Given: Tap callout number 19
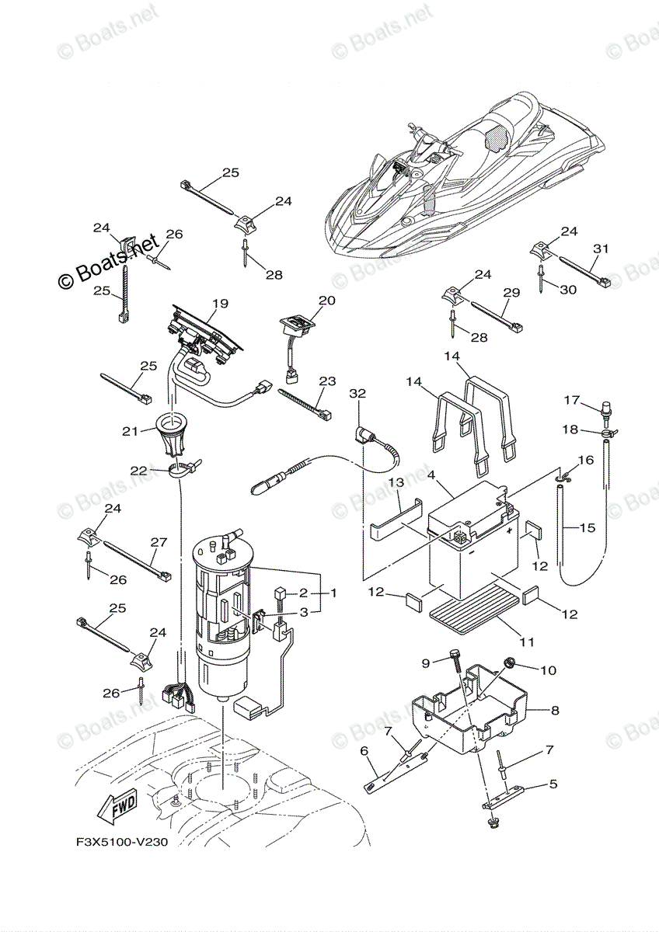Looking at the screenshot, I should tap(219, 303).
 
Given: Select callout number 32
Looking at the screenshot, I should tap(357, 394).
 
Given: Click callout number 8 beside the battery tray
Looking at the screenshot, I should tap(554, 710).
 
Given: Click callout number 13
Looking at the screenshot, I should tap(396, 482).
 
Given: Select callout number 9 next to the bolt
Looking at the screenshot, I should tap(426, 662).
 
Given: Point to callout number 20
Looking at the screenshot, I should tap(326, 301).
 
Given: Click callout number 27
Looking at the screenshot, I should tap(159, 541).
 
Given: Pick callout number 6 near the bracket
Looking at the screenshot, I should tap(363, 751).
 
